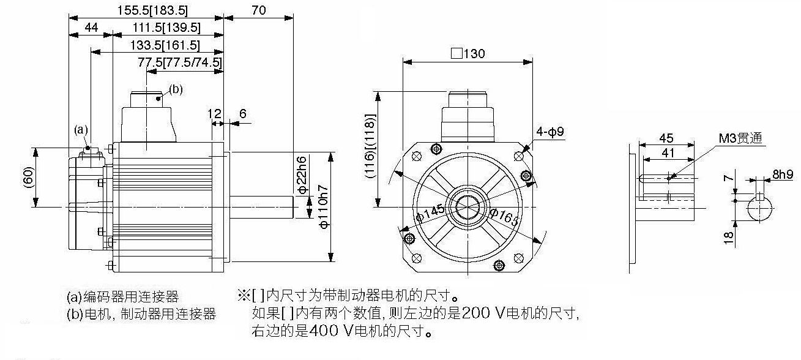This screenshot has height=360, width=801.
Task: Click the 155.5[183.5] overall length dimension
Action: click(x=152, y=10)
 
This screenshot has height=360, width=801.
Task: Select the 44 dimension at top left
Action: click(x=91, y=28)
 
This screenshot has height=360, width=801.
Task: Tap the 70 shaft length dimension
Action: click(x=259, y=10)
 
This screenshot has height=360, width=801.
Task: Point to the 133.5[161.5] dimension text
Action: click(x=165, y=45)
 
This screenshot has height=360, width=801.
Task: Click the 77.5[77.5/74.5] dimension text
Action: click(x=180, y=62)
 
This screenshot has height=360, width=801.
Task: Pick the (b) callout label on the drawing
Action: click(x=176, y=89)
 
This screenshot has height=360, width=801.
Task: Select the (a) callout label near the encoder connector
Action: click(x=81, y=129)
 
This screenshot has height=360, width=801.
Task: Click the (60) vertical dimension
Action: click(x=28, y=177)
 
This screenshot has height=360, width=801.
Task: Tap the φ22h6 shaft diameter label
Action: click(x=302, y=174)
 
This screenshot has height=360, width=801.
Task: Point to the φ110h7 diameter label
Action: click(x=324, y=207)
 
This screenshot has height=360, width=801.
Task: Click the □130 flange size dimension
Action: click(x=468, y=54)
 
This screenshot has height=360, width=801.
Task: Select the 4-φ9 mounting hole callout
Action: click(x=550, y=132)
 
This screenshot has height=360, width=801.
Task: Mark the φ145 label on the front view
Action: click(x=431, y=213)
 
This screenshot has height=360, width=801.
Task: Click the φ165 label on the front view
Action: click(x=504, y=216)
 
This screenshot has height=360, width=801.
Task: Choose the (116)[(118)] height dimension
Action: click(x=370, y=146)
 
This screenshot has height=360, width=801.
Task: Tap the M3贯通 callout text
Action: click(x=740, y=138)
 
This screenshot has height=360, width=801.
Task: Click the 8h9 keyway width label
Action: click(x=783, y=174)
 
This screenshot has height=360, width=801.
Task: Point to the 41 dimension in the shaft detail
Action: click(x=668, y=153)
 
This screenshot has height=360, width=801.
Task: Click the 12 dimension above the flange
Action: click(x=214, y=114)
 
